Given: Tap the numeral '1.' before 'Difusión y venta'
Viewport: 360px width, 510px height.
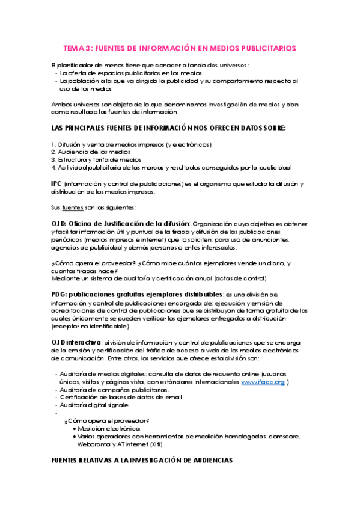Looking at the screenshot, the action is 53,144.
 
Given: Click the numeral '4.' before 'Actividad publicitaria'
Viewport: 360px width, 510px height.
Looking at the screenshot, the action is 54,168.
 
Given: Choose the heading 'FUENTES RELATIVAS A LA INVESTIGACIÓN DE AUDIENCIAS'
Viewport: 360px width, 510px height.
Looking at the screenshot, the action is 141,460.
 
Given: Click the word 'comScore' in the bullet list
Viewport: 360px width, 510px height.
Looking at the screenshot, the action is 281,436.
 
